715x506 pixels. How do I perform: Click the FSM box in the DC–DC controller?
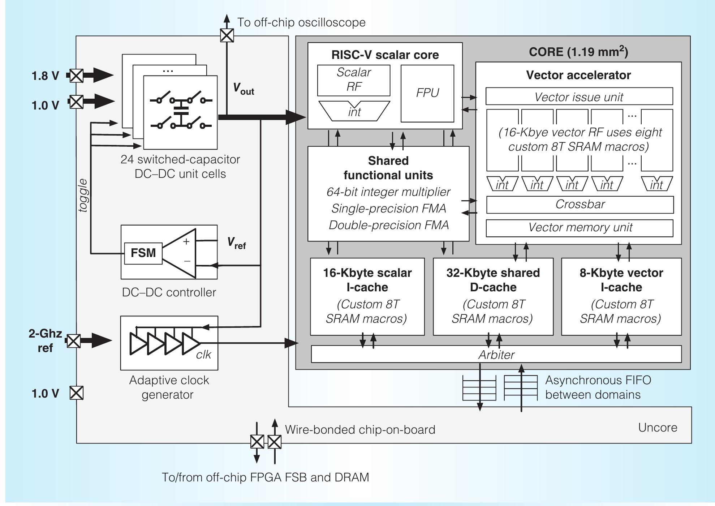coord(143,253)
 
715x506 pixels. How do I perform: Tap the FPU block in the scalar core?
coord(427,93)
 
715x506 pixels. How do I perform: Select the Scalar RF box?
coord(353,80)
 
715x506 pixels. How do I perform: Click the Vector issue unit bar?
coord(579,97)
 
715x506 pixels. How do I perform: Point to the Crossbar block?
coord(580,205)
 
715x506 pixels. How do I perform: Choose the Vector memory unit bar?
coord(580,228)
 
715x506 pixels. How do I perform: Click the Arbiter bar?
coord(496,354)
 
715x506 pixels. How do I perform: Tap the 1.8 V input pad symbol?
coord(76,76)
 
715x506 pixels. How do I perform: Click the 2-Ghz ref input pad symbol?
coord(74,340)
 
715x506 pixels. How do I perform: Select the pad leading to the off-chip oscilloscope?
coord(227,35)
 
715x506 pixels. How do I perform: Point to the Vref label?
coord(237,243)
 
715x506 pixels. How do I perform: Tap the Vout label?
coord(243,89)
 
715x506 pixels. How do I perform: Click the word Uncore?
coord(657,428)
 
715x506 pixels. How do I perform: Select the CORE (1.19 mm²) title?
coord(578,52)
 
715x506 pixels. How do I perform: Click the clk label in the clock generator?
coord(203,355)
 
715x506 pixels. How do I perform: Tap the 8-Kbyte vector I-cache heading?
coord(621,279)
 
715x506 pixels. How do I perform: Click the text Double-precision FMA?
coord(388,225)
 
